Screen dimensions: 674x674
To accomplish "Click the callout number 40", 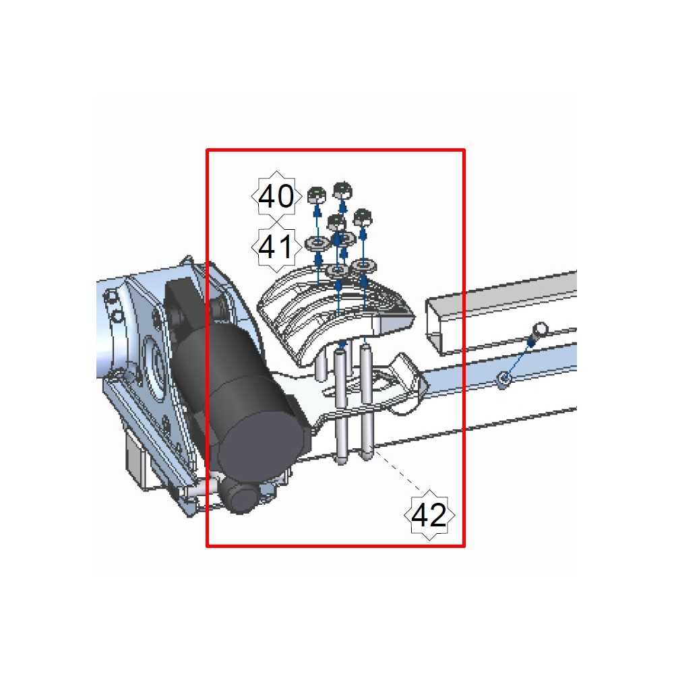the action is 276,196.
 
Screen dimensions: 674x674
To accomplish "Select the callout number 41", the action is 276,247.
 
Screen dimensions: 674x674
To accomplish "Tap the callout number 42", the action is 429,515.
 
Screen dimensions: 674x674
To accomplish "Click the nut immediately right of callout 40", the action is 317,195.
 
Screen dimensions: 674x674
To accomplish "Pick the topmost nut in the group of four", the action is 342,190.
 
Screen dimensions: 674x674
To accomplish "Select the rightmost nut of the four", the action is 363,217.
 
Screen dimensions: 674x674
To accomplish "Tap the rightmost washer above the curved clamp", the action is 364,266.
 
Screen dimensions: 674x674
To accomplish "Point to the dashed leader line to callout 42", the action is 397,470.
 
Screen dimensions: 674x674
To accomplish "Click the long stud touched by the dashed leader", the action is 366,402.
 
